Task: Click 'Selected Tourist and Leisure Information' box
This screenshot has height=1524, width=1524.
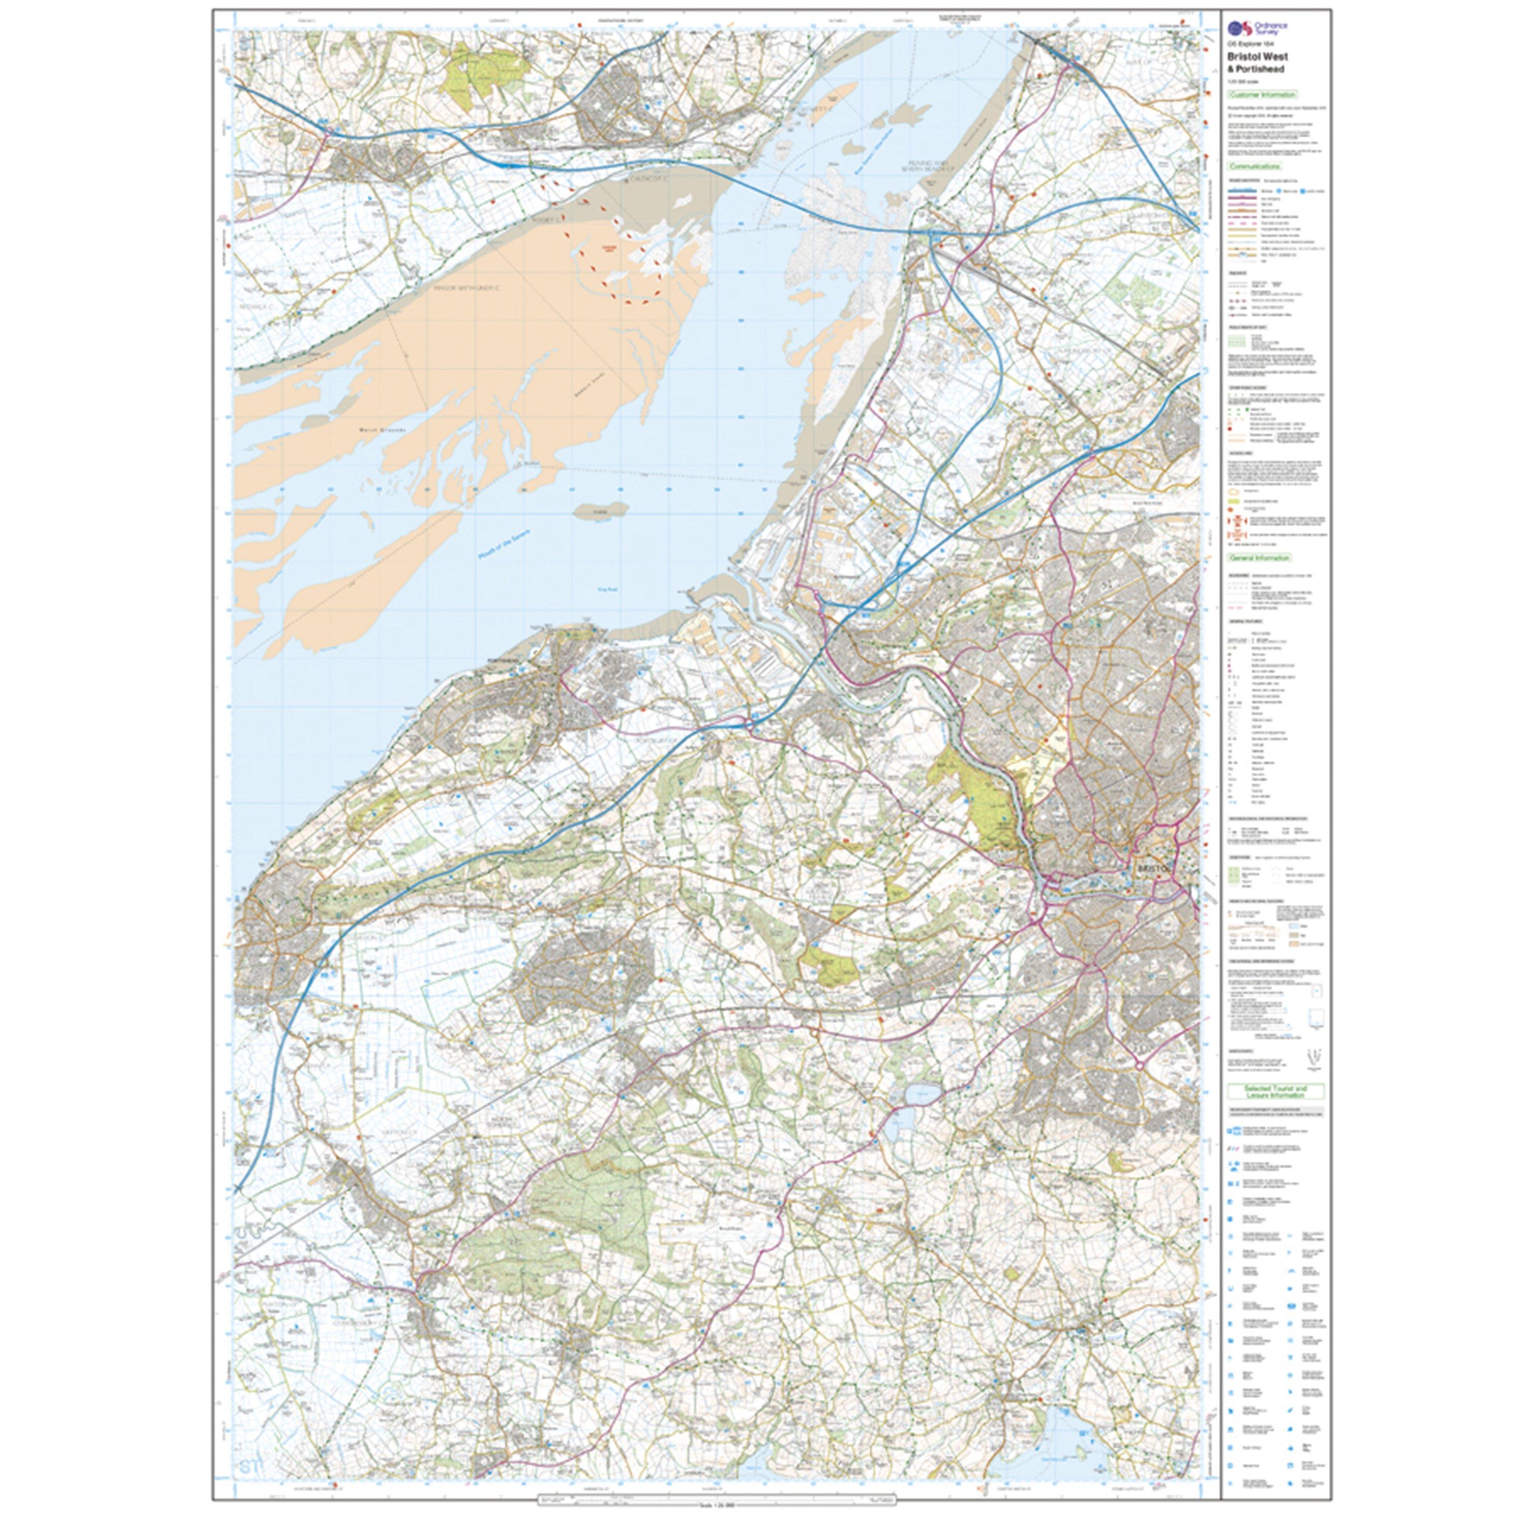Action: [x=1276, y=1092]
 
